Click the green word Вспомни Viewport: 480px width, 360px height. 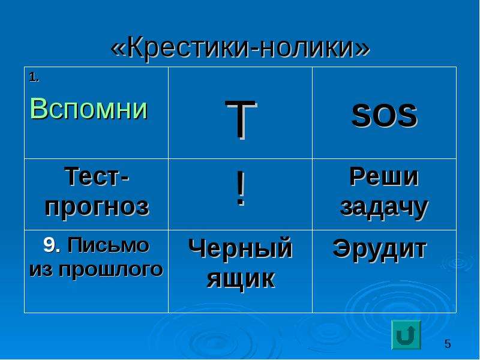[89, 109]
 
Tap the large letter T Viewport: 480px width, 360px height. [241, 119]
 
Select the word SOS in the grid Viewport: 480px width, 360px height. [385, 115]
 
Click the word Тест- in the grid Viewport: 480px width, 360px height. [97, 176]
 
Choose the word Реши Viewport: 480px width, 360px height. [384, 176]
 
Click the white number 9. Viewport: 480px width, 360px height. [52, 245]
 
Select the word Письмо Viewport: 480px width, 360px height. [109, 245]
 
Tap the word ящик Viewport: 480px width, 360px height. [241, 279]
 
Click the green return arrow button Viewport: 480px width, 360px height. [406, 335]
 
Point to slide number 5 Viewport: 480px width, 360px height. [448, 344]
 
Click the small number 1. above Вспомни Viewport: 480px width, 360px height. [34, 77]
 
